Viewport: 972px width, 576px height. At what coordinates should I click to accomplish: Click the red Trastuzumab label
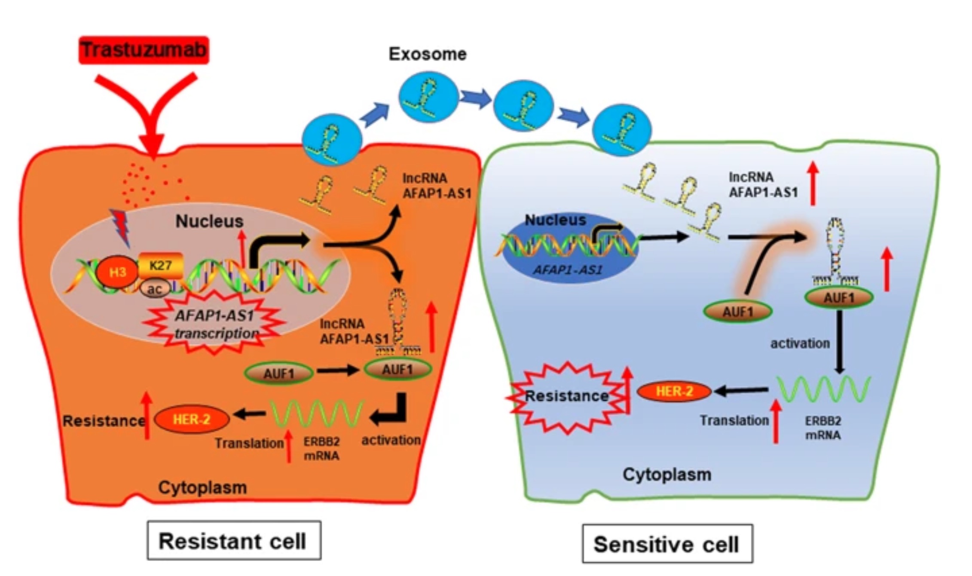coord(144,50)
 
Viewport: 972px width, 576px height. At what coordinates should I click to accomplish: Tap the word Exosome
coord(428,54)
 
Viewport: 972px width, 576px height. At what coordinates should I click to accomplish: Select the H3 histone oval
coord(117,272)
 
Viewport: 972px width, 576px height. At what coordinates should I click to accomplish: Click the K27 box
coord(161,266)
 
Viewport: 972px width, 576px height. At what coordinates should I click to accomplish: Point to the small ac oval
coord(154,289)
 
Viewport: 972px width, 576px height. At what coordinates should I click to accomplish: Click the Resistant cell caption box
coord(234,540)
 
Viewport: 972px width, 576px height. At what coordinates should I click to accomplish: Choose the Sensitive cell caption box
coord(667,544)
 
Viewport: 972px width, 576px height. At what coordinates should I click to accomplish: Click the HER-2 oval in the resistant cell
coord(192,420)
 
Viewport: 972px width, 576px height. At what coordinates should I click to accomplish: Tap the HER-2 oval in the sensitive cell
coord(674,391)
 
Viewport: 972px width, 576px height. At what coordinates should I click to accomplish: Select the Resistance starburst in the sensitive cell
coord(566,397)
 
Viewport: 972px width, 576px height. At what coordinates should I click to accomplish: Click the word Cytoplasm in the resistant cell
coord(202,487)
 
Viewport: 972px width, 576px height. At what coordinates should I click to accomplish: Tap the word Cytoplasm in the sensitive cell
coord(667,475)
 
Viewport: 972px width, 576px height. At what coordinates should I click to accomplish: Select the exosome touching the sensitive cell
coord(622,129)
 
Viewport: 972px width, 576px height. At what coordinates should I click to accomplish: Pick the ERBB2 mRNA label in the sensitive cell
coord(823,428)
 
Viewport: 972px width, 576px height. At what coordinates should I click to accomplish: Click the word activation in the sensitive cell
coord(800,343)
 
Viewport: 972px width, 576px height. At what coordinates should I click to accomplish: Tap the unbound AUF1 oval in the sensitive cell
coord(738,311)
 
